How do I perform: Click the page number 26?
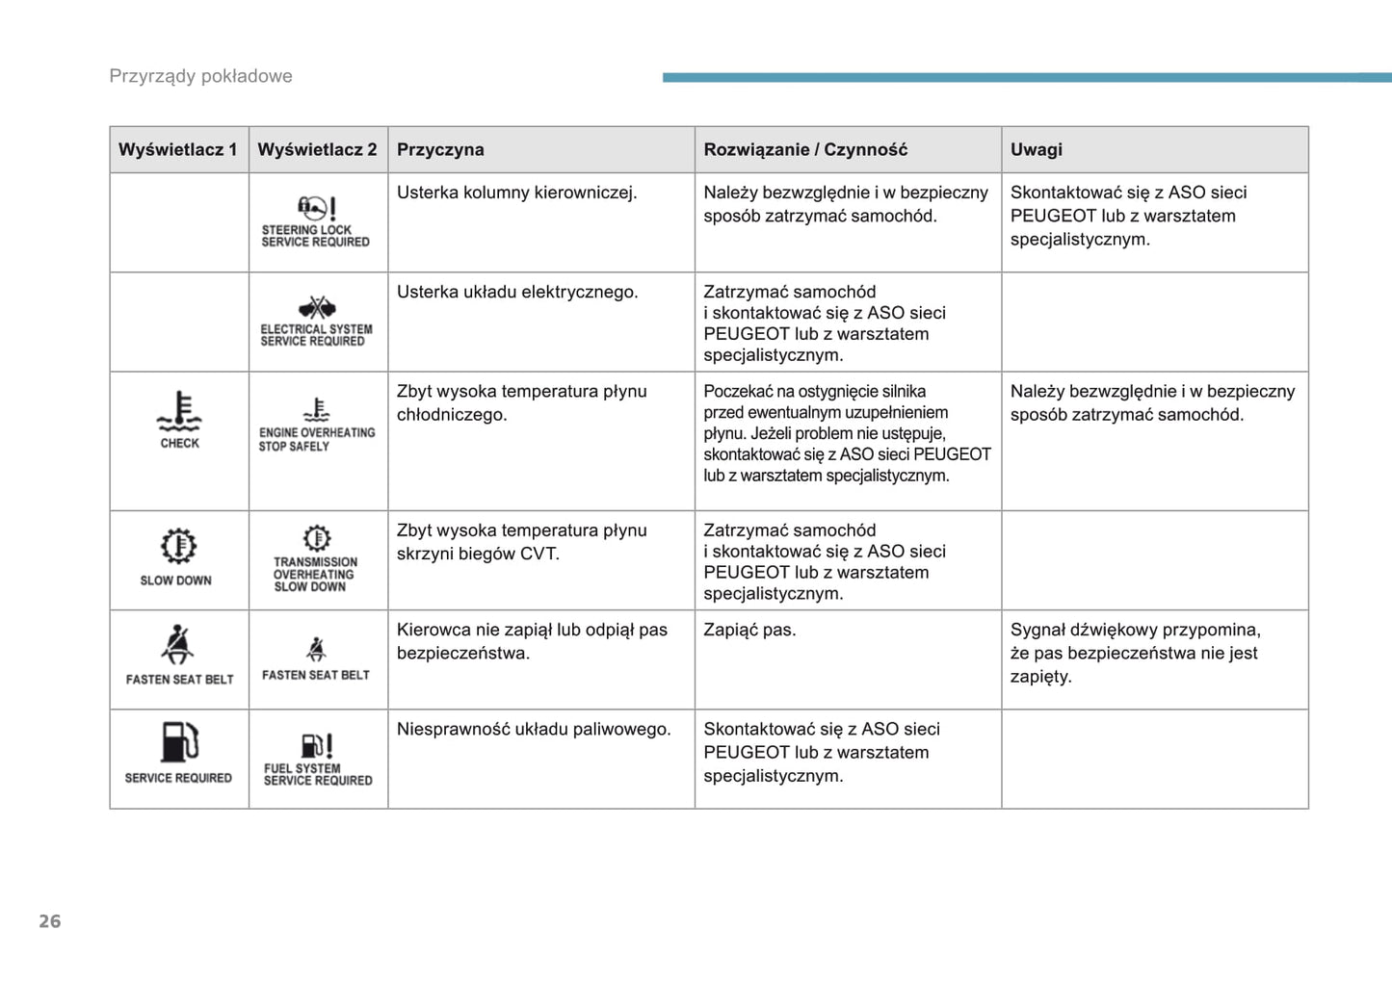click(x=49, y=921)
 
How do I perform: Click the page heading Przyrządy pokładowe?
click(x=200, y=76)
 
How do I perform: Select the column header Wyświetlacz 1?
click(x=178, y=149)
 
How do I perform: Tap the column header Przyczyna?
click(x=440, y=149)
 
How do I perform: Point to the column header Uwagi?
click(x=1036, y=149)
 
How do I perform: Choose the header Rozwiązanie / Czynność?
click(x=805, y=149)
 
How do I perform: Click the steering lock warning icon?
click(x=316, y=207)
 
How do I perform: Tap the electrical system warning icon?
click(x=316, y=307)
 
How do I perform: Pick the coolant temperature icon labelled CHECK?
click(x=179, y=412)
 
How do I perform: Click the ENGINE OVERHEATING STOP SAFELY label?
click(x=316, y=439)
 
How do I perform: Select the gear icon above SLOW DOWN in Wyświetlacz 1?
click(x=178, y=546)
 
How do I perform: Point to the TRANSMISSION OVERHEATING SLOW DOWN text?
click(x=314, y=574)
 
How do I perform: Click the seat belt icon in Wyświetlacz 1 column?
click(x=178, y=645)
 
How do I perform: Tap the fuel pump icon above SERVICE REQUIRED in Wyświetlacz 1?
click(x=179, y=742)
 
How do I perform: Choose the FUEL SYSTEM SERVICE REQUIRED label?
click(x=317, y=774)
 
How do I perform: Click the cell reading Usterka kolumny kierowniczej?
click(x=516, y=193)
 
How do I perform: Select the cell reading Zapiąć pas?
click(x=749, y=630)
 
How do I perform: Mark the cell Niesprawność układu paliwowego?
click(x=534, y=729)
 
